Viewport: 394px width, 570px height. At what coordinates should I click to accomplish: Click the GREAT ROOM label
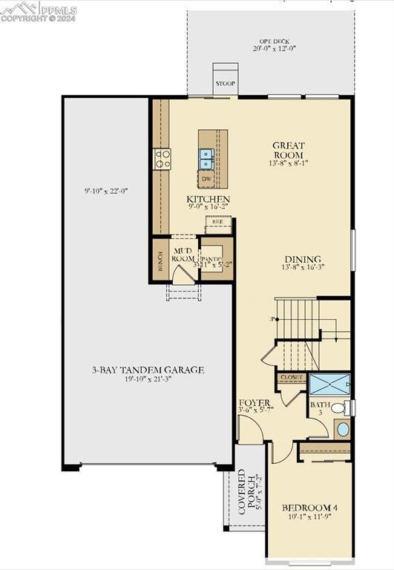pyautogui.click(x=289, y=150)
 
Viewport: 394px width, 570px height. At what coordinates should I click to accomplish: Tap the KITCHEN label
pyautogui.click(x=208, y=200)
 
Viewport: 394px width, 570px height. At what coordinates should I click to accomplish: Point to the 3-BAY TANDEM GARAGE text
pyautogui.click(x=148, y=370)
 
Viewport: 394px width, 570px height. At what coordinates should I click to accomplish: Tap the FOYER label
pyautogui.click(x=254, y=403)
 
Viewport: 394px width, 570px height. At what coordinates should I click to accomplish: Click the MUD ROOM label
pyautogui.click(x=183, y=255)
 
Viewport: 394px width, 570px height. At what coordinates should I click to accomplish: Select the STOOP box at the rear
pyautogui.click(x=225, y=83)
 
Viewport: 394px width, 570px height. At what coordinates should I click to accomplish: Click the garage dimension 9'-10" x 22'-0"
pyautogui.click(x=106, y=191)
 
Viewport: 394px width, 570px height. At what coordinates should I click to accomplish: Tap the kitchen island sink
pyautogui.click(x=206, y=157)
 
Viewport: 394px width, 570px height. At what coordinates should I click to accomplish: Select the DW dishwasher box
pyautogui.click(x=207, y=179)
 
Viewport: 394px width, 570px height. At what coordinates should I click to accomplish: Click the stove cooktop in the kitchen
pyautogui.click(x=162, y=157)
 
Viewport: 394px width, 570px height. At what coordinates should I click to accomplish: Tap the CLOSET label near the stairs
pyautogui.click(x=292, y=378)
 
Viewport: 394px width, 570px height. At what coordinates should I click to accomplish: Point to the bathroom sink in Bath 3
pyautogui.click(x=342, y=428)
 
